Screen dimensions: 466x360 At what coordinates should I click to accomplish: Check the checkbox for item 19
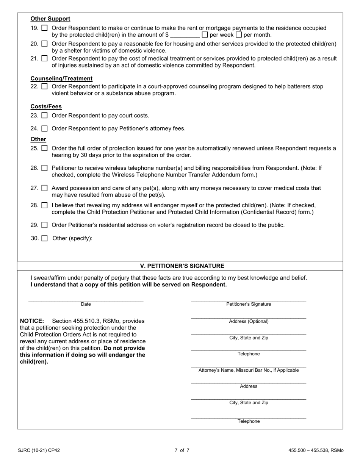click(x=44, y=28)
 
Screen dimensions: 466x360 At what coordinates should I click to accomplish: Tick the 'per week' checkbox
click(x=205, y=35)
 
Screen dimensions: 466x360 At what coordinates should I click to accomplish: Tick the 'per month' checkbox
click(x=239, y=35)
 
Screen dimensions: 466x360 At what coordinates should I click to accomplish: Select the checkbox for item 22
click(x=44, y=86)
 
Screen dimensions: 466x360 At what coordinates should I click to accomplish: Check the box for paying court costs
click(x=44, y=116)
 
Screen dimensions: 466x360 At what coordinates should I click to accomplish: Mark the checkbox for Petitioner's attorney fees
click(x=44, y=129)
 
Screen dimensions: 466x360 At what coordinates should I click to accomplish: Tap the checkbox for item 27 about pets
click(x=44, y=188)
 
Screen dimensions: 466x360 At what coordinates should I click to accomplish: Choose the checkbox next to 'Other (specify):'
click(x=44, y=239)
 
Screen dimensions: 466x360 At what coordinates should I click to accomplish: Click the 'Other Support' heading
click(x=50, y=19)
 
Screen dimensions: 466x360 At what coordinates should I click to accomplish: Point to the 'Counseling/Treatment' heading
click(x=61, y=78)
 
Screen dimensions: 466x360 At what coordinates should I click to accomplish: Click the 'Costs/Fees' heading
click(x=46, y=107)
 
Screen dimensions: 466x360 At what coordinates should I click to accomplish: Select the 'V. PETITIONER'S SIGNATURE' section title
click(x=182, y=266)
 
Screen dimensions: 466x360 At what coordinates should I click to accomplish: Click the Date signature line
click(x=86, y=300)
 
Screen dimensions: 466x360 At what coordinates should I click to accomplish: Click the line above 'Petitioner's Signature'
click(x=249, y=300)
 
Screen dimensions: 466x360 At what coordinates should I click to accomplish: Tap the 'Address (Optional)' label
click(x=249, y=322)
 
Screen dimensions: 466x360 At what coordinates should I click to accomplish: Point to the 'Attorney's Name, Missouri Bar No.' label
click(x=249, y=370)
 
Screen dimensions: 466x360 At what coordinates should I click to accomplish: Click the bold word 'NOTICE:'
click(x=32, y=321)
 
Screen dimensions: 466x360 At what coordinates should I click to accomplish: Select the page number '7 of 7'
click(x=182, y=450)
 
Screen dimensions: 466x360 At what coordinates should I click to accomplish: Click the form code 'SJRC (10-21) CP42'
click(x=39, y=450)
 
